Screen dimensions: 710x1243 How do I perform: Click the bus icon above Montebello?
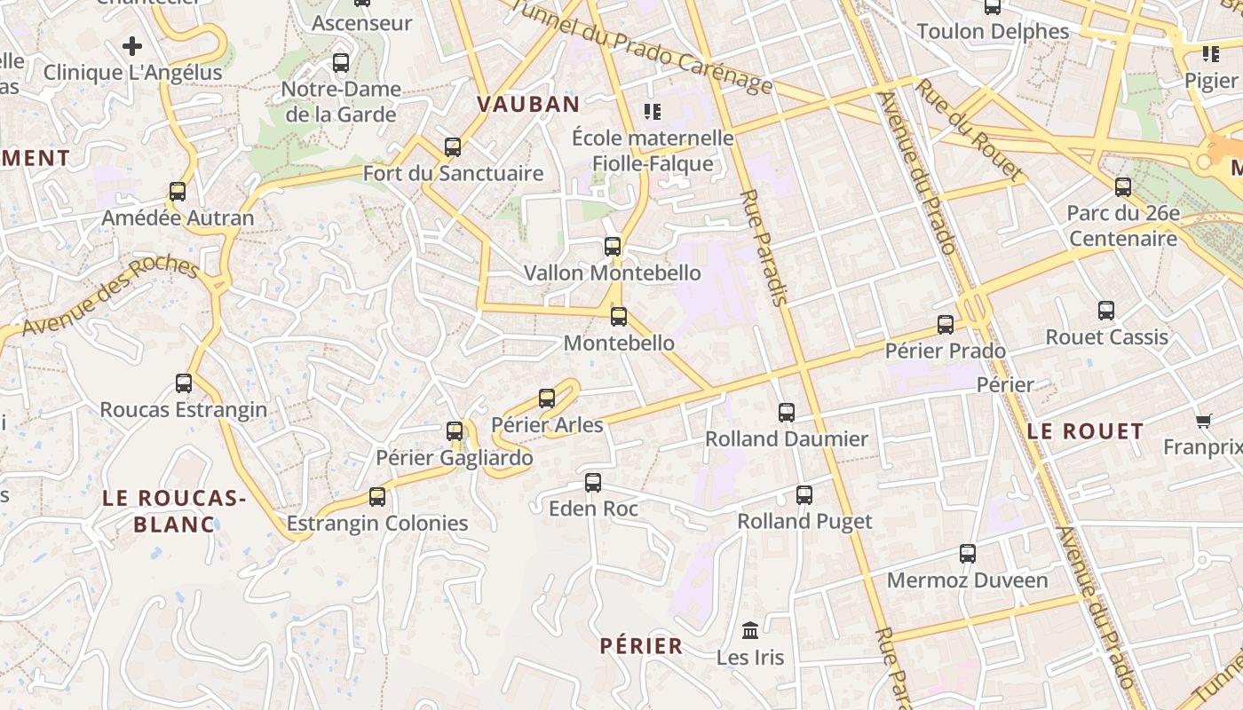[619, 316]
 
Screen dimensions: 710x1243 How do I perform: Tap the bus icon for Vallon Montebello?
[613, 246]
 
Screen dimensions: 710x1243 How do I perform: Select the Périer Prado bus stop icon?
[946, 324]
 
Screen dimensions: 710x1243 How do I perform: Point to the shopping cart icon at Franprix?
[1204, 421]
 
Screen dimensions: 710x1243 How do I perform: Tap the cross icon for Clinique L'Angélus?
[132, 45]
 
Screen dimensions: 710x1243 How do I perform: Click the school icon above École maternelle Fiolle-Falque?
[653, 112]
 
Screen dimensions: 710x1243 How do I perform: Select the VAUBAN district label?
[528, 104]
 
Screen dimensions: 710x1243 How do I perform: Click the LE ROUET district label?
[1085, 431]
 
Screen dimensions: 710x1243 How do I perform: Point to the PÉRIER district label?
[641, 646]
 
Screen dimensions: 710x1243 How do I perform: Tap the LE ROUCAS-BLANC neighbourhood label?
[174, 511]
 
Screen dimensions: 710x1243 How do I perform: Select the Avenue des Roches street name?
[110, 296]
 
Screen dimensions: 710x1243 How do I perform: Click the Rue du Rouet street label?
[970, 129]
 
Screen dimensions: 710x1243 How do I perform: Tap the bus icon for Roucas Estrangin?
[184, 383]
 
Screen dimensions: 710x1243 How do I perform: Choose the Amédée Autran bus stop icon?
[178, 192]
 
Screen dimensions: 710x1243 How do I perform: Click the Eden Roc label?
[593, 509]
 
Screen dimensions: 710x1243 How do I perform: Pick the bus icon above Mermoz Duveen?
[968, 554]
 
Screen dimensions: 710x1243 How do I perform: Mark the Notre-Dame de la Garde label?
[341, 101]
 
